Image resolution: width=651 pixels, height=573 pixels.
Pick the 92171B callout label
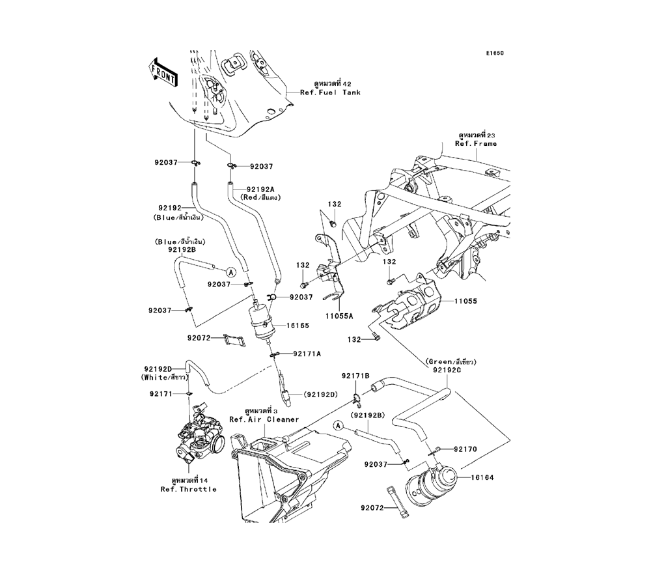[355, 376]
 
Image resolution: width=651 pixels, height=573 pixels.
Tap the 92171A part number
[307, 354]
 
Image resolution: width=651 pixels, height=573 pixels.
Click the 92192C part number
[445, 369]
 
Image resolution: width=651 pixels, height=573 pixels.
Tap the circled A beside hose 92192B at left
[231, 271]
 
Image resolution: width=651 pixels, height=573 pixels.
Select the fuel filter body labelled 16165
[263, 322]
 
